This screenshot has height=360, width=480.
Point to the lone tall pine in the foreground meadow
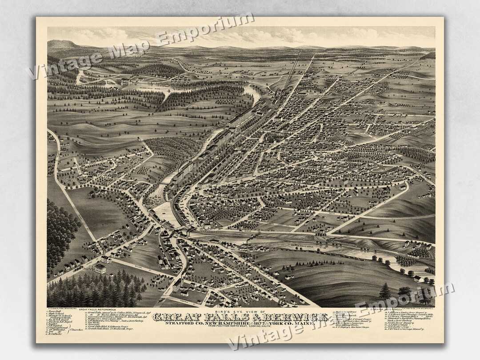tap(385, 291)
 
